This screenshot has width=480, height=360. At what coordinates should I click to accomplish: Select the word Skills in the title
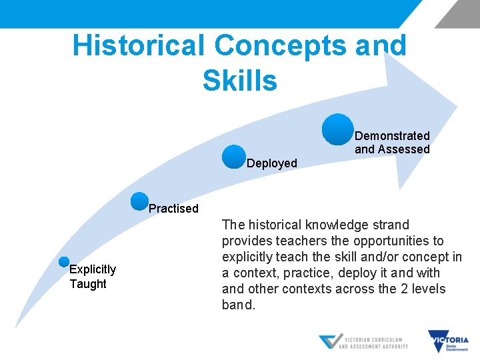(239, 81)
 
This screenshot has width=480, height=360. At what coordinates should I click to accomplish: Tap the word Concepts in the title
(280, 45)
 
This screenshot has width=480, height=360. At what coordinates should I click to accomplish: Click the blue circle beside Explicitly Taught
(64, 262)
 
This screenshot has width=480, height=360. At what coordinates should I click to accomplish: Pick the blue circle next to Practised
(140, 201)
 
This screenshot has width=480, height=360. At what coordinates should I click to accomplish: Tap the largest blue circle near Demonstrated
(338, 129)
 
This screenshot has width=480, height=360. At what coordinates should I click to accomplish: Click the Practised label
(173, 209)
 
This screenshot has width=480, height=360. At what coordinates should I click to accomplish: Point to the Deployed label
(272, 163)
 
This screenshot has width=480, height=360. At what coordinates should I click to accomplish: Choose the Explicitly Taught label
(93, 277)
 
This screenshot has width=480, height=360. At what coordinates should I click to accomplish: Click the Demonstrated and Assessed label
(392, 143)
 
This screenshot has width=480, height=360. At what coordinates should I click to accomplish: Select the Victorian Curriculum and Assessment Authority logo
(363, 342)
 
